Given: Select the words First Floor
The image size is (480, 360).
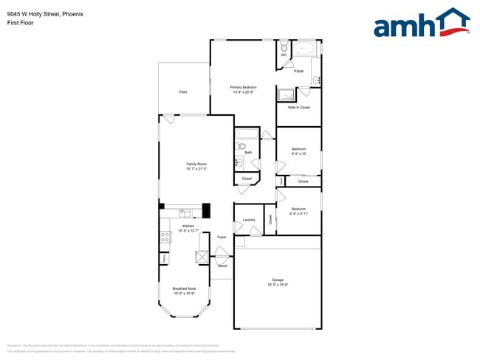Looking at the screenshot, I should pos(20,23).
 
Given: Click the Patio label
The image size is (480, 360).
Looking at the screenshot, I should pos(182,92).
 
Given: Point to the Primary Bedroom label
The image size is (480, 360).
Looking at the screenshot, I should pos(243,87).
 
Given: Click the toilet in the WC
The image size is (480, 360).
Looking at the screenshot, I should pos(284,46).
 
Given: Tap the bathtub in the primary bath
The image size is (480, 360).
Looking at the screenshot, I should pos(304,49).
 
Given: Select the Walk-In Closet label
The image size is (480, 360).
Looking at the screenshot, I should pos(298,108).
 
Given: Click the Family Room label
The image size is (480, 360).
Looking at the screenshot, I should pos(196,164).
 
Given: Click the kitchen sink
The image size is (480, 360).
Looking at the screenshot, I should pos(185,213).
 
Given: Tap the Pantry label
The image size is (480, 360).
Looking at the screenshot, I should pos(163,258).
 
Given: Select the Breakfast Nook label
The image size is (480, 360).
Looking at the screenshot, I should pos(184,288).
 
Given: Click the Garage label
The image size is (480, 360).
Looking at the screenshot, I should pos(278,280).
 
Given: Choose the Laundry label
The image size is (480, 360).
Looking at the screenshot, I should pos(249,220).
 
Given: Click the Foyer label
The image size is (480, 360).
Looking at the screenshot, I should pos(222,237).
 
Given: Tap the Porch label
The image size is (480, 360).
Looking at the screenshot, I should pos(222,266).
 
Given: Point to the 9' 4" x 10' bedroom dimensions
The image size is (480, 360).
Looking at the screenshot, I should pos(298,154).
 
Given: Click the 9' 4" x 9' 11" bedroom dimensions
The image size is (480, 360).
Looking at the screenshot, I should pos(298,213).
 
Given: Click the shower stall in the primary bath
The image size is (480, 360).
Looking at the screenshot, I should pos(286,94).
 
